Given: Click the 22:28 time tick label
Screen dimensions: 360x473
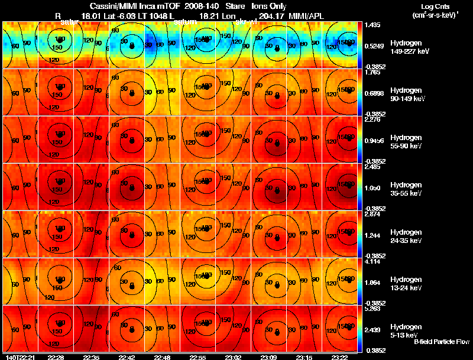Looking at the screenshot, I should click(x=56, y=357).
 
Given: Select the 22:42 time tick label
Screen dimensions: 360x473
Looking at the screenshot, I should click(x=127, y=357).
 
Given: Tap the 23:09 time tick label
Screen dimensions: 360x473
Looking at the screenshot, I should click(x=269, y=357).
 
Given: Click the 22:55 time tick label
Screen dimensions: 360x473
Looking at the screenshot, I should click(x=198, y=357).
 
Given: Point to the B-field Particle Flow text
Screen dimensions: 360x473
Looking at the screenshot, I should click(x=441, y=342).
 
